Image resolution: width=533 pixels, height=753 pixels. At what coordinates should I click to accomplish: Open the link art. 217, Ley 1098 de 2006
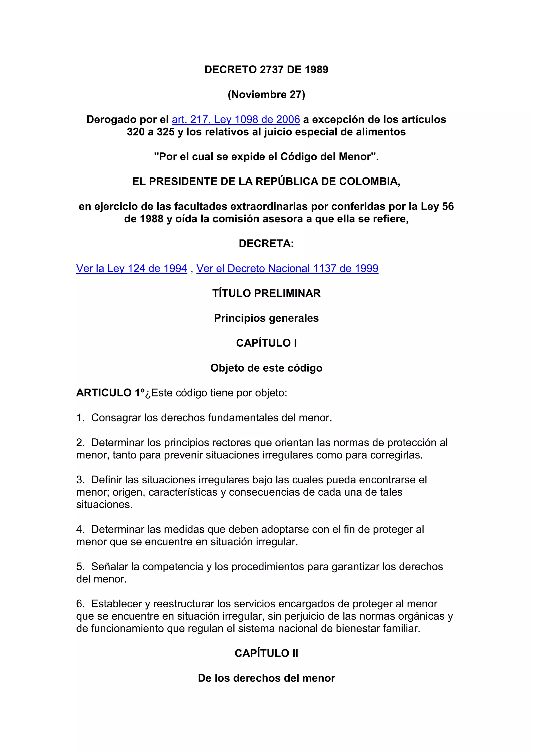click(x=236, y=120)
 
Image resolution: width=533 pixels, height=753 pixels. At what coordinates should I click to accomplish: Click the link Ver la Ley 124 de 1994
click(x=131, y=269)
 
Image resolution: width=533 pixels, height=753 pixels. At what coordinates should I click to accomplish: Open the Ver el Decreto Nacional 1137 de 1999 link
click(x=287, y=269)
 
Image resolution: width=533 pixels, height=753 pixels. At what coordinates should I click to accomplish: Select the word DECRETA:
click(x=266, y=244)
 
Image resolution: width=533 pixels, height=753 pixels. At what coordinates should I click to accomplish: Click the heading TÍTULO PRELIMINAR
click(x=266, y=294)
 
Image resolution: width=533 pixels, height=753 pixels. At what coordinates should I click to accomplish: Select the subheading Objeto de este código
click(x=266, y=368)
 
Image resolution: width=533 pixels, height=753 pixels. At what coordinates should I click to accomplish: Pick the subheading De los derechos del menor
click(x=266, y=678)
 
